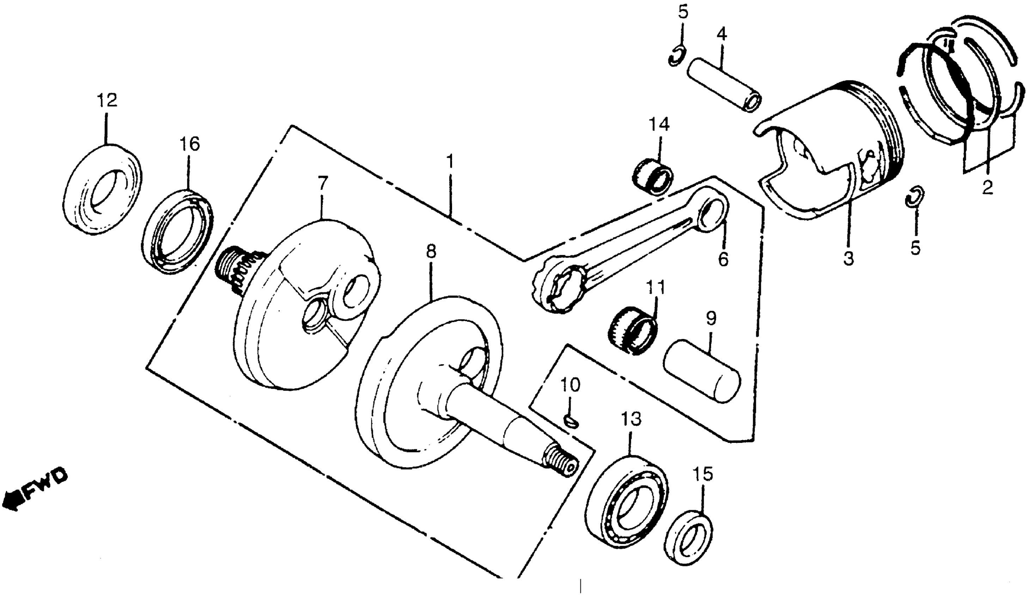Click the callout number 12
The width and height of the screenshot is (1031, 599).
tap(107, 100)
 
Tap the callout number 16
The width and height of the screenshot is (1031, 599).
tap(189, 144)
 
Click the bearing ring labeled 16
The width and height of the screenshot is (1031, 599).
tap(179, 231)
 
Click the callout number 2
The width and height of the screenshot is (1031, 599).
tap(987, 188)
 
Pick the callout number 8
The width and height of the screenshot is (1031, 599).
tap(431, 252)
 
